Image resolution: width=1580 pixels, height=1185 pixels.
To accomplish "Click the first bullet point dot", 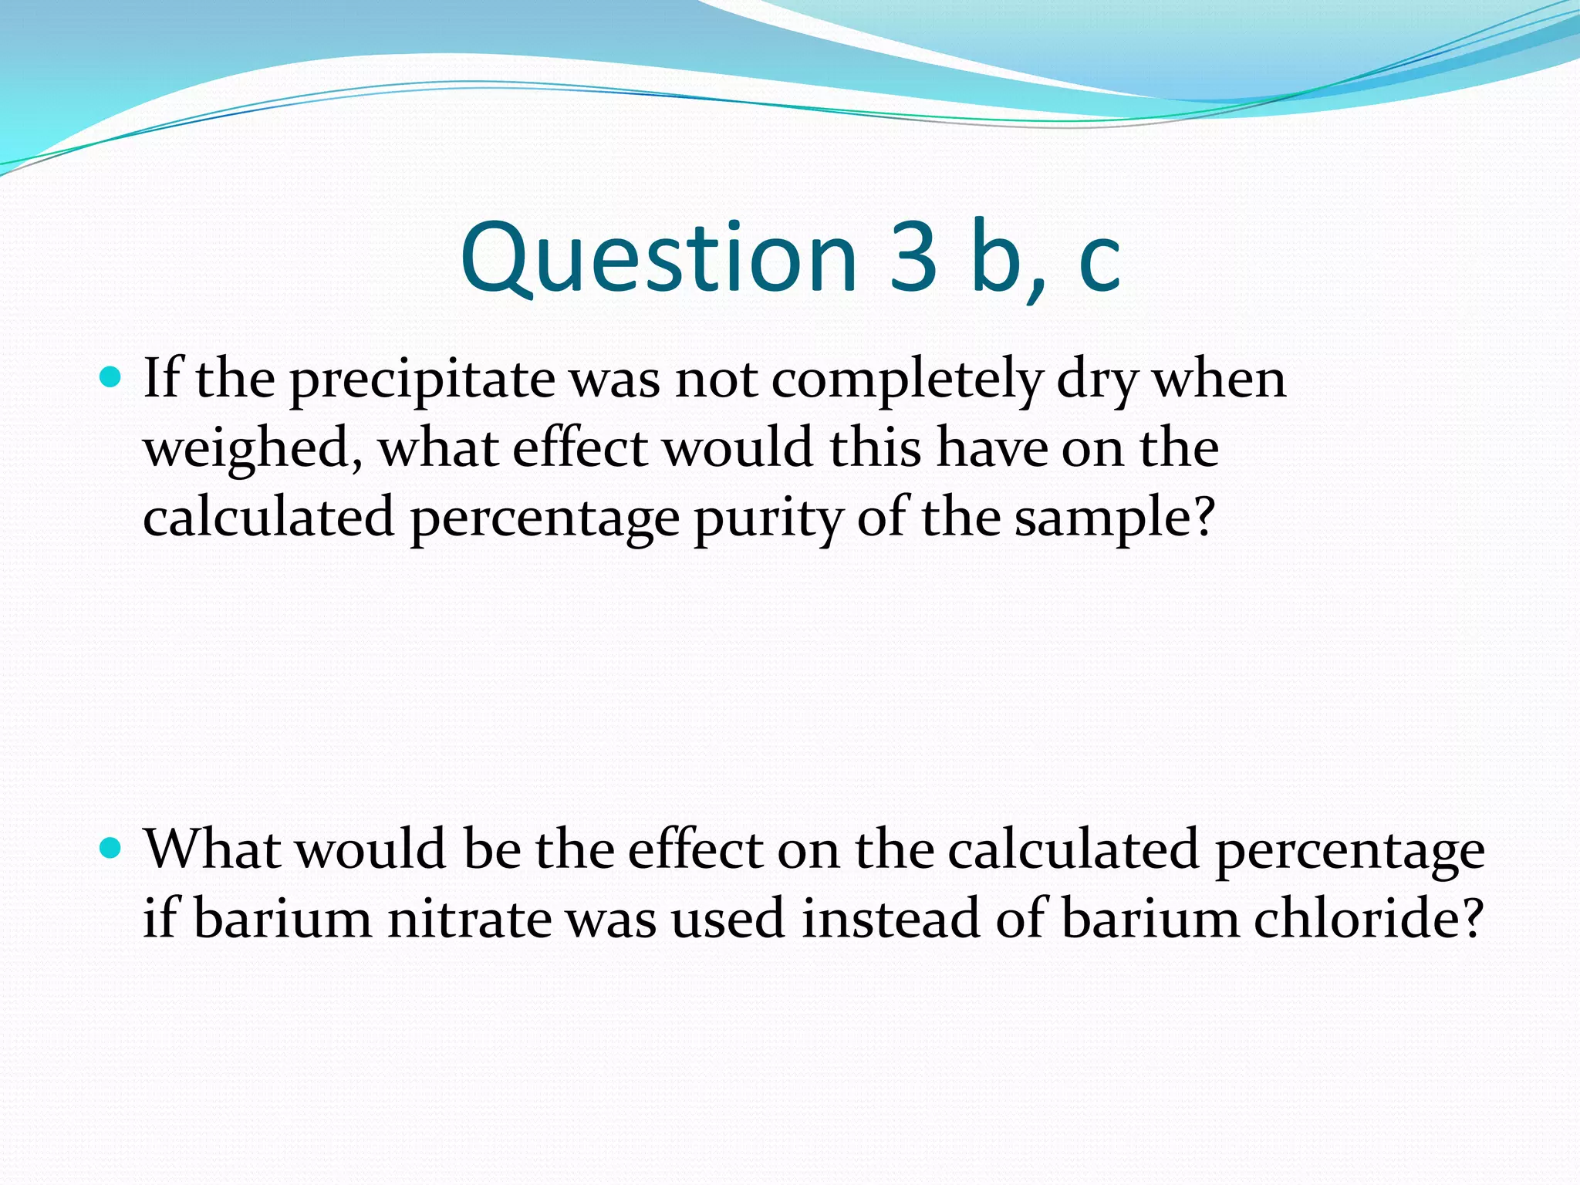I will (112, 377).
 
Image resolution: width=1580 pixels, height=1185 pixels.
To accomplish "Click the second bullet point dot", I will (112, 849).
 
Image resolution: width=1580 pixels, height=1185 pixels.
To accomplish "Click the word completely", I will (906, 380).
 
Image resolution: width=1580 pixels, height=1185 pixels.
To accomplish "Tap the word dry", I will (1096, 380).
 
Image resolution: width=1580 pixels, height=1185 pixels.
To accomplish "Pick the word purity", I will (768, 519).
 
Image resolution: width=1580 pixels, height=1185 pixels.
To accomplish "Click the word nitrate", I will (469, 920).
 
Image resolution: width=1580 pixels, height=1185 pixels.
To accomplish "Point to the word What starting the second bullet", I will (211, 850).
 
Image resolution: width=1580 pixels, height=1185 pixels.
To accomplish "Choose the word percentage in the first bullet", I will (545, 519).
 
